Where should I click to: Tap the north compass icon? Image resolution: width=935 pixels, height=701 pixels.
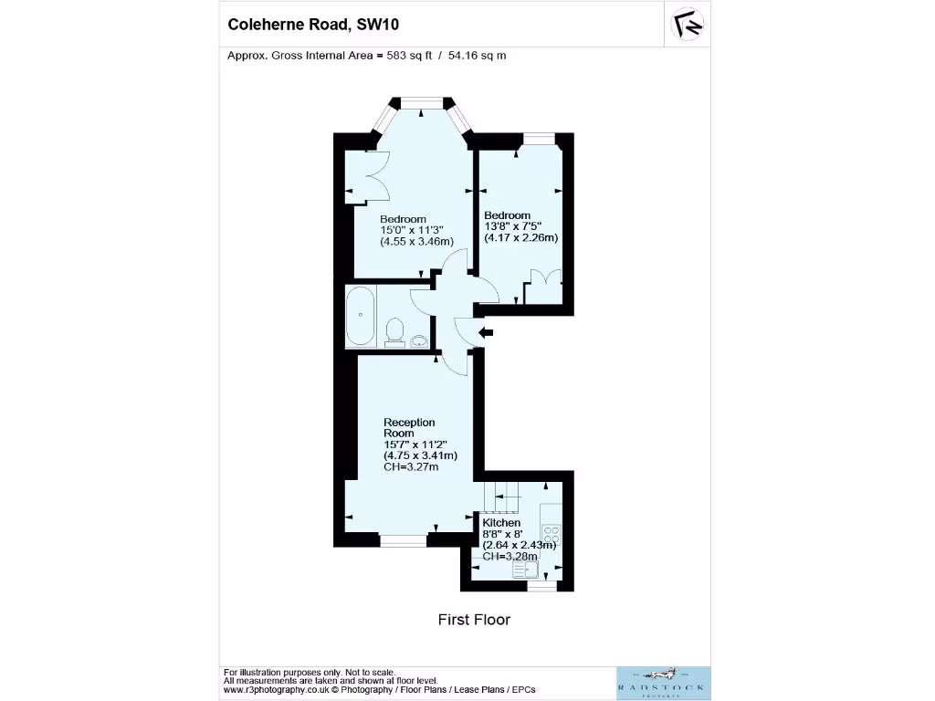point(688,25)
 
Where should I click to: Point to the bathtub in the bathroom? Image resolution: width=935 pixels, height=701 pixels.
point(361,317)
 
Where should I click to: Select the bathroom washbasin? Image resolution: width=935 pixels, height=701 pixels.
point(420,341)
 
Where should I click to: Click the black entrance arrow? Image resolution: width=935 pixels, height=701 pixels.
point(486,333)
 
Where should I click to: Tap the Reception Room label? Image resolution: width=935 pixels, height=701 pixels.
point(409,427)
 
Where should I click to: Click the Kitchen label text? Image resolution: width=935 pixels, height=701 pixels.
point(501,522)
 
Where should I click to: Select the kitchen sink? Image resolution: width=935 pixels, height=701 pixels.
point(526,569)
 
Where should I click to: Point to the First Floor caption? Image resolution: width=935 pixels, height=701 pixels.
point(474,620)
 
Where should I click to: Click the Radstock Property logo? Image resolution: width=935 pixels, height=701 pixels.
point(663,684)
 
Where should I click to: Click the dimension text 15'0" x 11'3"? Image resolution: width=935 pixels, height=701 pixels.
point(412,231)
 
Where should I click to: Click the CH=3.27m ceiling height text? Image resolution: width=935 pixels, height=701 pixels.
point(411,467)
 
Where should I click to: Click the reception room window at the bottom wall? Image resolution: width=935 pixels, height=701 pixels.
point(404,541)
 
